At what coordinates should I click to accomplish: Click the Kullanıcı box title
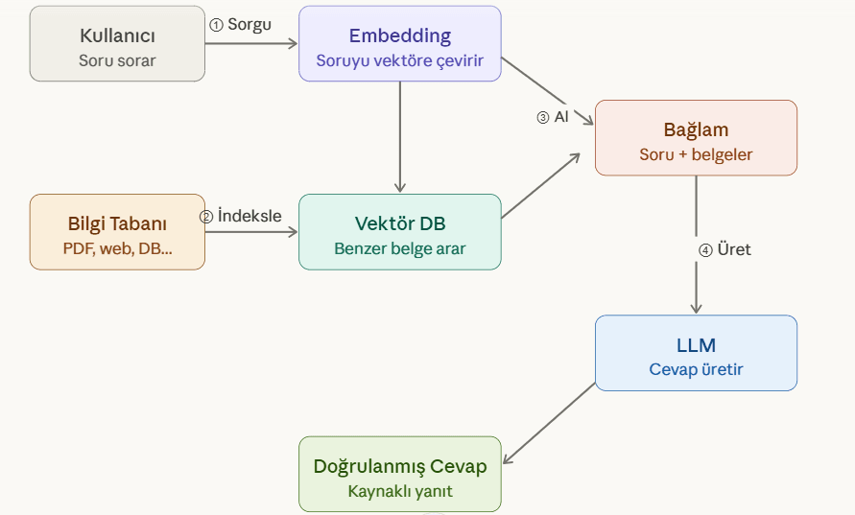[117, 36]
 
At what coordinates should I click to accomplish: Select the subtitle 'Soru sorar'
[117, 60]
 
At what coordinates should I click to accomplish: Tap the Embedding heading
[399, 36]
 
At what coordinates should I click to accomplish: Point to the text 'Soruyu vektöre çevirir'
[399, 60]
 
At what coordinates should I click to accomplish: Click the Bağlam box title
[696, 129]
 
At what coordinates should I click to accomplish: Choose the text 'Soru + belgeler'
[696, 153]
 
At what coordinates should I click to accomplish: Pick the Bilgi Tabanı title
[117, 224]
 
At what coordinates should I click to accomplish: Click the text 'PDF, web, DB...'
[117, 248]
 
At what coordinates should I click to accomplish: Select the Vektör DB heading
[399, 224]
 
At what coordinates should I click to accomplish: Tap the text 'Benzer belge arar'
[399, 248]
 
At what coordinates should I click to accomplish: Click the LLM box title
[696, 345]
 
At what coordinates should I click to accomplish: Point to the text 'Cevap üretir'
[696, 369]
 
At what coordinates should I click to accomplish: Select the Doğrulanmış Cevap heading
[399, 466]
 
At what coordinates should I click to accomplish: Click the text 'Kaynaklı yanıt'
[399, 491]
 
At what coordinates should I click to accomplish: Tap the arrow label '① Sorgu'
[240, 25]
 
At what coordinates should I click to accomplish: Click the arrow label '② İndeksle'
[241, 216]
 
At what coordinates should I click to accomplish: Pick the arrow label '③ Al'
[553, 117]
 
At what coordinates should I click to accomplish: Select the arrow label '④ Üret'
[724, 249]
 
